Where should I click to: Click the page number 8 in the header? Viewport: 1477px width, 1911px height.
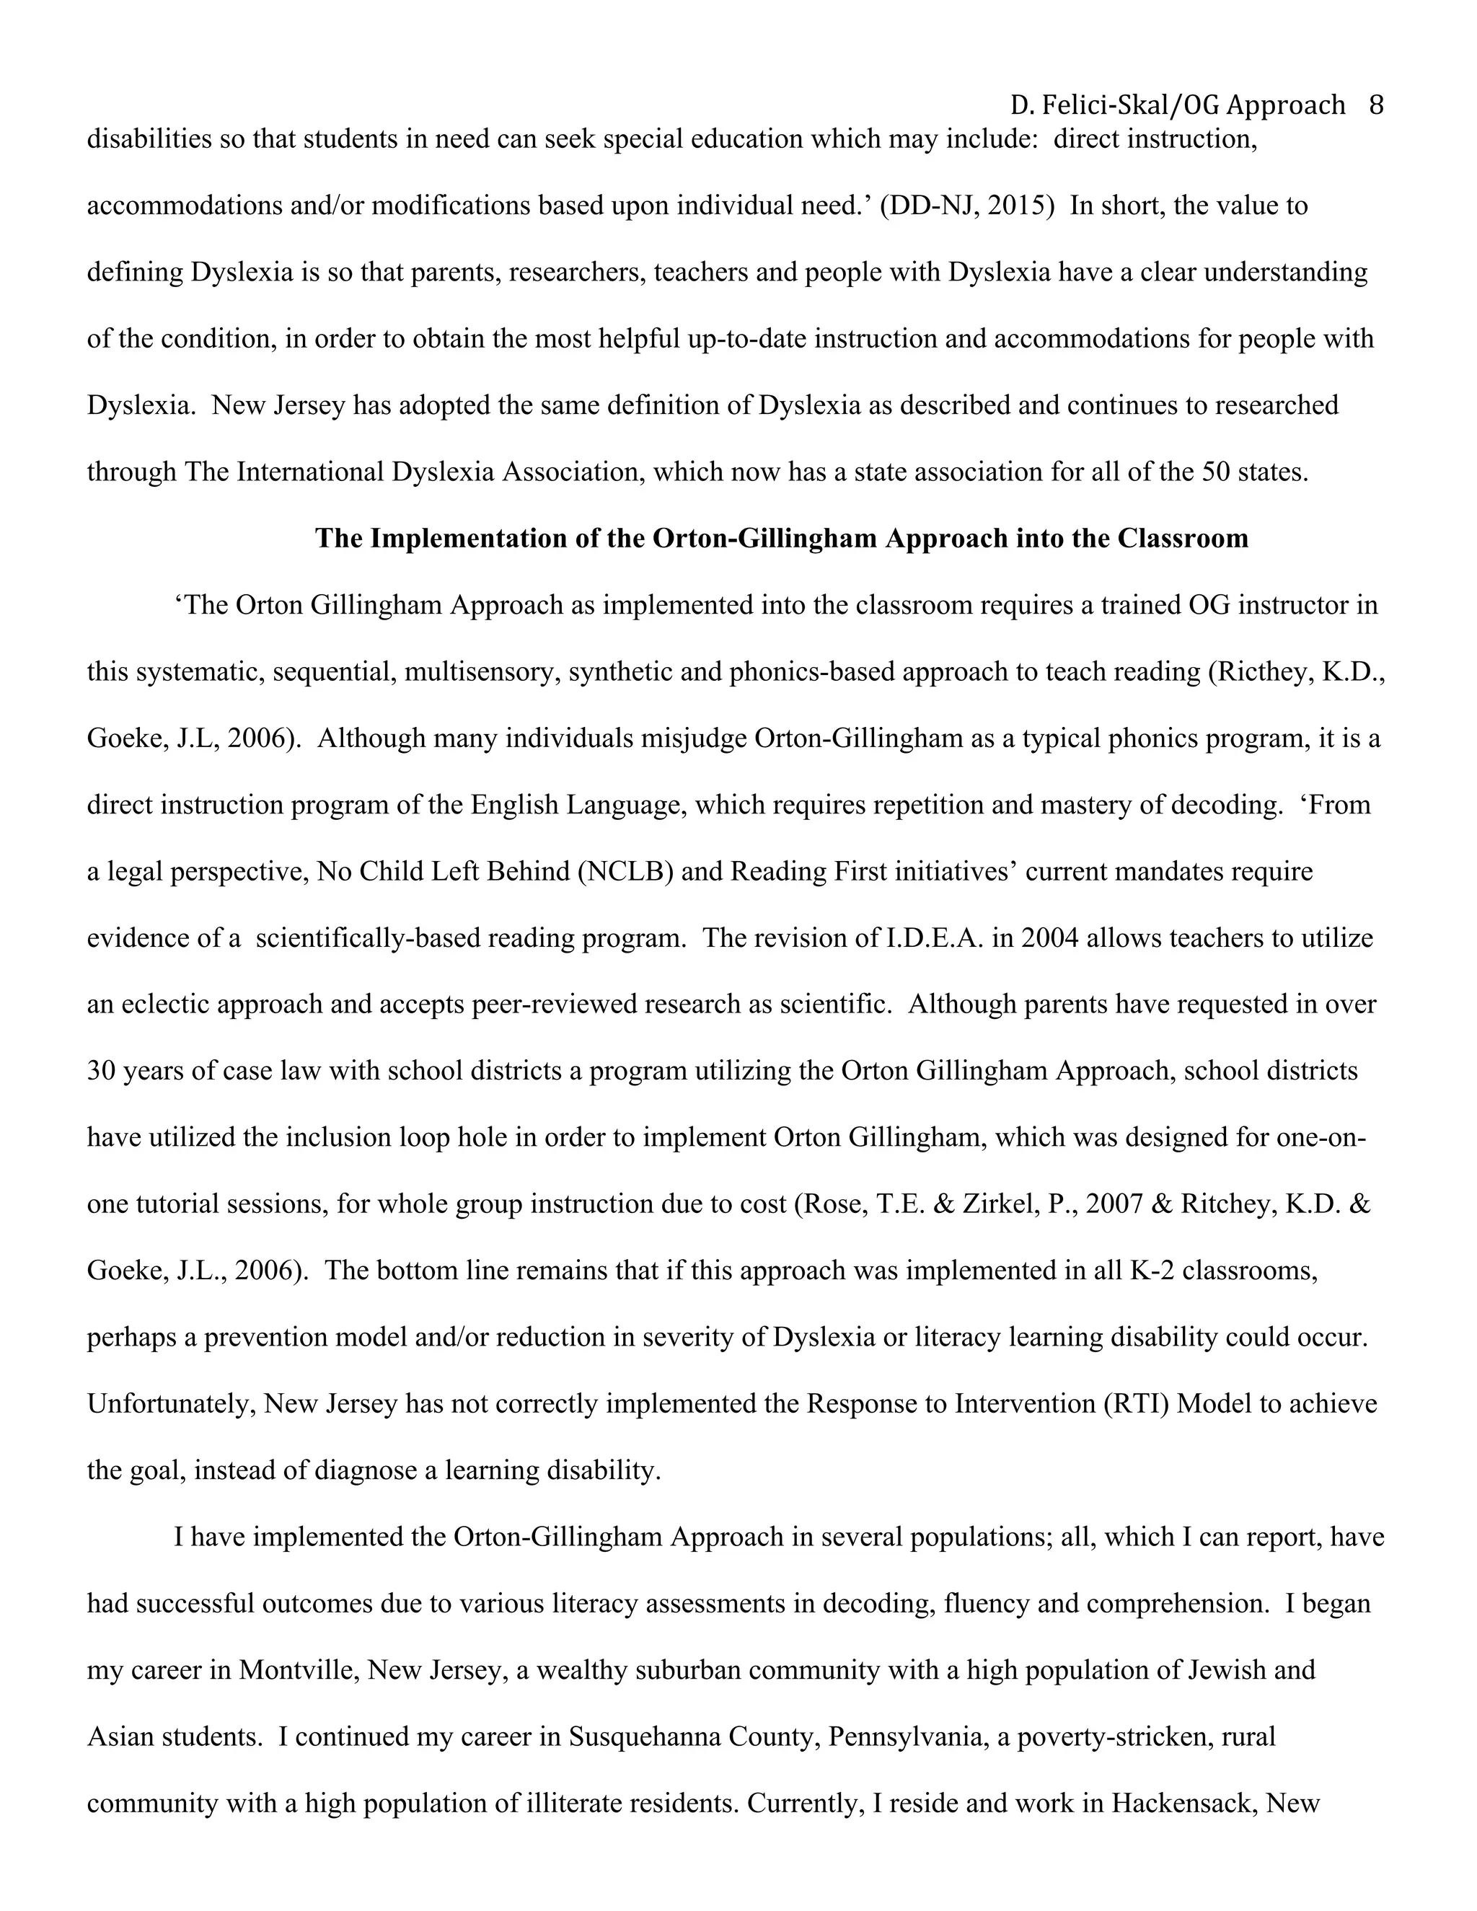click(x=1375, y=106)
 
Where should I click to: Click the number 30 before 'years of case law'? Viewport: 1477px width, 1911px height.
click(x=101, y=1071)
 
